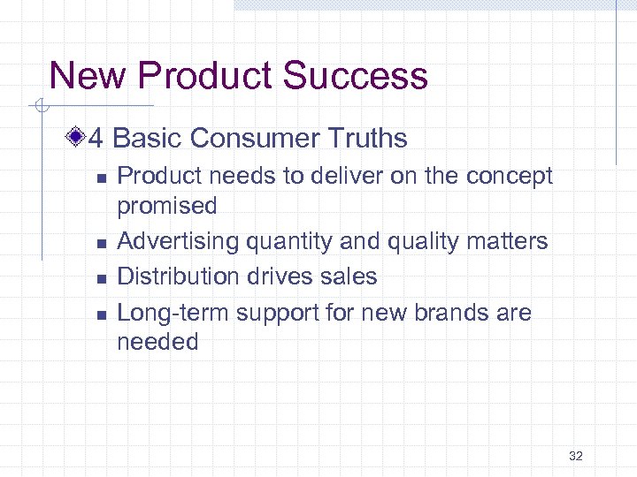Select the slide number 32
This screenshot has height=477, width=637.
click(576, 456)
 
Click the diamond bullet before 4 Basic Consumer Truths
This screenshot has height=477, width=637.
click(79, 138)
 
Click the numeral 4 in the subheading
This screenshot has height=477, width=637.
click(97, 139)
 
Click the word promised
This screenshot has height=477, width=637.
click(167, 206)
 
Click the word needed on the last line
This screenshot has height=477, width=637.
click(158, 342)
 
